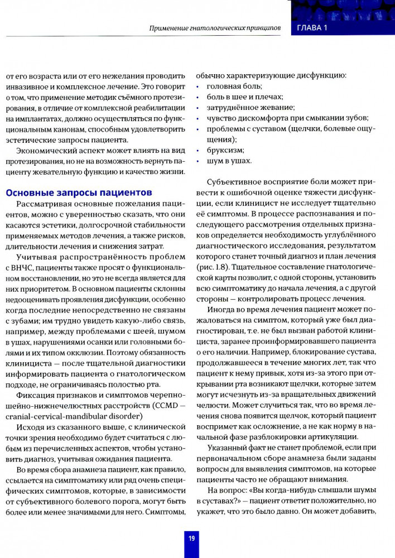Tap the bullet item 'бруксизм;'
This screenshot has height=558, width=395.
pos(225,150)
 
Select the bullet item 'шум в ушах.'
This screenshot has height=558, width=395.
pos(229,161)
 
